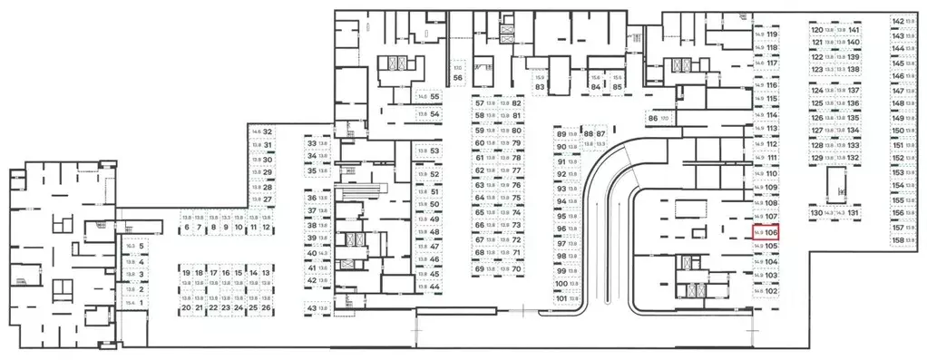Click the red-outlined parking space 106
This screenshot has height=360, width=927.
point(766,232)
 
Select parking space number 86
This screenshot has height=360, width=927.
point(658,118)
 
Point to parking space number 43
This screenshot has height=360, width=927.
point(316,308)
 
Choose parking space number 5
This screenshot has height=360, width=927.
point(136,246)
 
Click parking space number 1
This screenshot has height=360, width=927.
point(136,302)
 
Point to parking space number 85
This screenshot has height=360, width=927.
point(617,83)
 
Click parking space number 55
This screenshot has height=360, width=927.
point(428,97)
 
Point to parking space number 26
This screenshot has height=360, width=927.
point(267,308)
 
